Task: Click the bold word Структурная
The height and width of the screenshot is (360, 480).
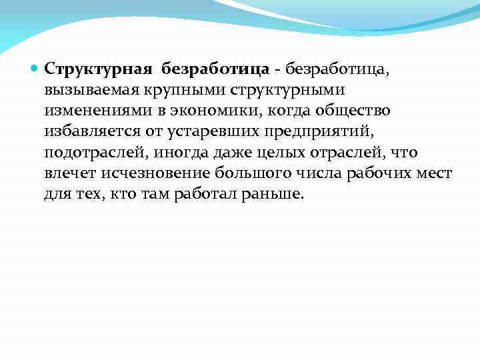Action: pyautogui.click(x=96, y=69)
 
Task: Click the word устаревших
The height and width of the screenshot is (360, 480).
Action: pyautogui.click(x=200, y=131)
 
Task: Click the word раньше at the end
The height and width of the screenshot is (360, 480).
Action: pyautogui.click(x=275, y=193)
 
